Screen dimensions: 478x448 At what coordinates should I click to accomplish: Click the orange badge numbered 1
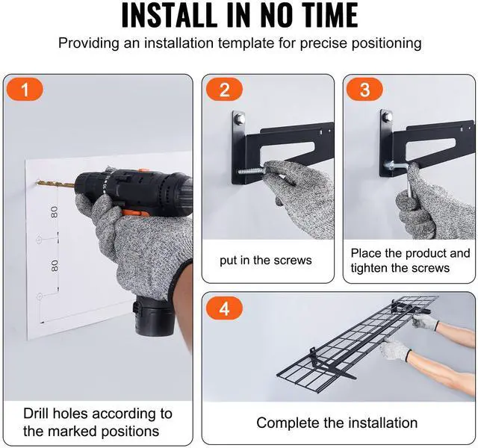(25, 90)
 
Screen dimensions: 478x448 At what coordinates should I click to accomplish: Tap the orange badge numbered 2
(224, 90)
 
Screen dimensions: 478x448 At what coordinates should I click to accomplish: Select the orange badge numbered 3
(364, 90)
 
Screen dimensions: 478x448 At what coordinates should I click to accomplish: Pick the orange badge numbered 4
(224, 308)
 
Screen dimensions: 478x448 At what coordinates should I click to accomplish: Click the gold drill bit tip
(37, 182)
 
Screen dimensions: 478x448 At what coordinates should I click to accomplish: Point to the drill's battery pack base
(154, 317)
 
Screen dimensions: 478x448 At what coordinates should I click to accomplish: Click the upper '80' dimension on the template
(55, 212)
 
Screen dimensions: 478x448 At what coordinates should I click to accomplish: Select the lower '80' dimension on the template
(55, 266)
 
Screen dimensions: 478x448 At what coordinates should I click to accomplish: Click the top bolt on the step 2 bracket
(239, 118)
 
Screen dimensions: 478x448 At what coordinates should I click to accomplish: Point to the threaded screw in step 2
(251, 171)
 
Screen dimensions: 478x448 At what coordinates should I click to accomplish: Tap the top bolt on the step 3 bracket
(387, 116)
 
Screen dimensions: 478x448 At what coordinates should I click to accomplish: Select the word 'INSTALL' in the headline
(170, 15)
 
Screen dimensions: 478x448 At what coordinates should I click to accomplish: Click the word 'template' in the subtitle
(246, 43)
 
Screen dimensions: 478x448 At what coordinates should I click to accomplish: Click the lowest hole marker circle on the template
(40, 296)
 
